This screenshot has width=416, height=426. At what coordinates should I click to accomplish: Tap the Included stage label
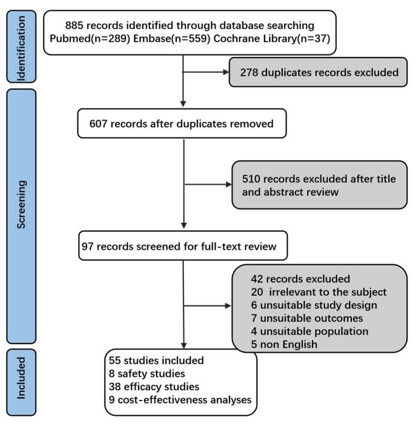pyautogui.click(x=21, y=380)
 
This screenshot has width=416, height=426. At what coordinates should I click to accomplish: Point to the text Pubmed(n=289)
pyautogui.click(x=84, y=39)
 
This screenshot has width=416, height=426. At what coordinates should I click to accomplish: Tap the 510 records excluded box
pyautogui.click(x=319, y=184)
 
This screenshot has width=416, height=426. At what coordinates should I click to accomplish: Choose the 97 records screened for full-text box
pyautogui.click(x=182, y=247)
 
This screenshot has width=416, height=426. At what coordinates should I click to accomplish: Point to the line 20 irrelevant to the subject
pyautogui.click(x=318, y=291)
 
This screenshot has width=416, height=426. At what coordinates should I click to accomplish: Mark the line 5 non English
pyautogui.click(x=281, y=345)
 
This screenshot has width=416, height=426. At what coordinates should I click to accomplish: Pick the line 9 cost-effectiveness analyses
pyautogui.click(x=180, y=400)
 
